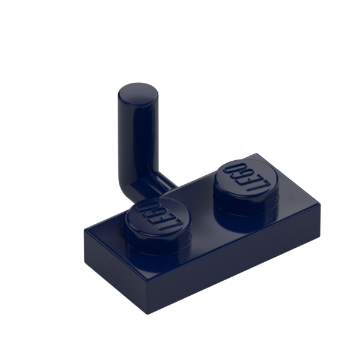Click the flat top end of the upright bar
[138, 94]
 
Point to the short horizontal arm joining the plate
[158, 184]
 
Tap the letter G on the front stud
[152, 212]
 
